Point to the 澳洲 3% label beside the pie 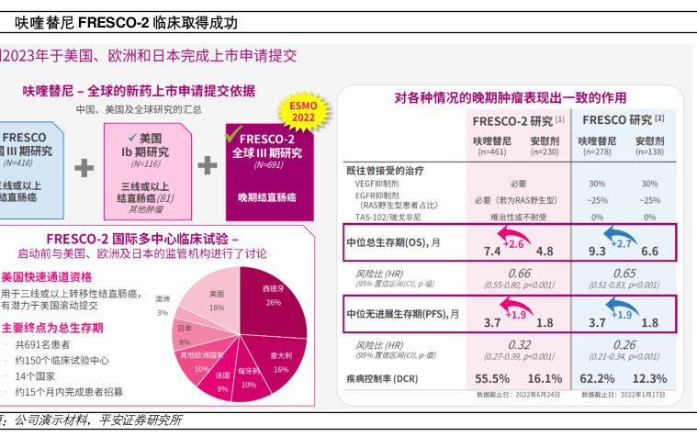[x=163, y=305]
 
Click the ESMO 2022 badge [x=303, y=111]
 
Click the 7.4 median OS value [x=492, y=251]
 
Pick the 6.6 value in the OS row [x=650, y=251]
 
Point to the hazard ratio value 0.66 [x=519, y=274]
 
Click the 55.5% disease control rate [x=492, y=378]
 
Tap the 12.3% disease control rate [x=650, y=378]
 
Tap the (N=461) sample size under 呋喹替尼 [x=492, y=151]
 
